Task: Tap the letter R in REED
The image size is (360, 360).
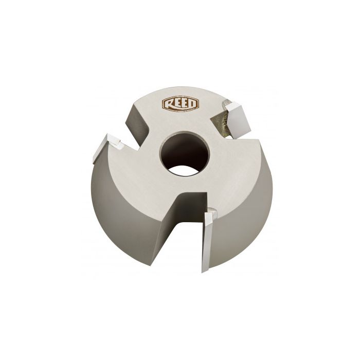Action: (168, 104)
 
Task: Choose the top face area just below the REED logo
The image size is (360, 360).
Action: (177, 123)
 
